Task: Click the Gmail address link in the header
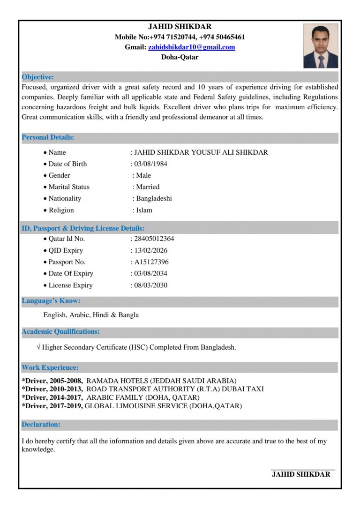tap(192, 47)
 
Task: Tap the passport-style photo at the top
tap(321, 46)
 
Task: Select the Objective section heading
tap(38, 77)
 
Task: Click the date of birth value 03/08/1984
tap(150, 164)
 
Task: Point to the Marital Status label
tap(69, 187)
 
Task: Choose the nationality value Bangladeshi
tap(154, 199)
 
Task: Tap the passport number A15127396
tap(151, 262)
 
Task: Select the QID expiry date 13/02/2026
tap(150, 250)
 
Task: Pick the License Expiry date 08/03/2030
tap(150, 285)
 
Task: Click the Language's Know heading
tap(51, 301)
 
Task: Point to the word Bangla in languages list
tap(128, 315)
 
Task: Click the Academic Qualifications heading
tap(61, 332)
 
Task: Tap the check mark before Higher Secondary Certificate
tap(38, 347)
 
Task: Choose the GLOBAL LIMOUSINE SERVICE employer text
tap(136, 406)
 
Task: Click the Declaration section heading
tap(41, 425)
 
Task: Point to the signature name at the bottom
tap(301, 474)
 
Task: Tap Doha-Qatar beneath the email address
tap(180, 57)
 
